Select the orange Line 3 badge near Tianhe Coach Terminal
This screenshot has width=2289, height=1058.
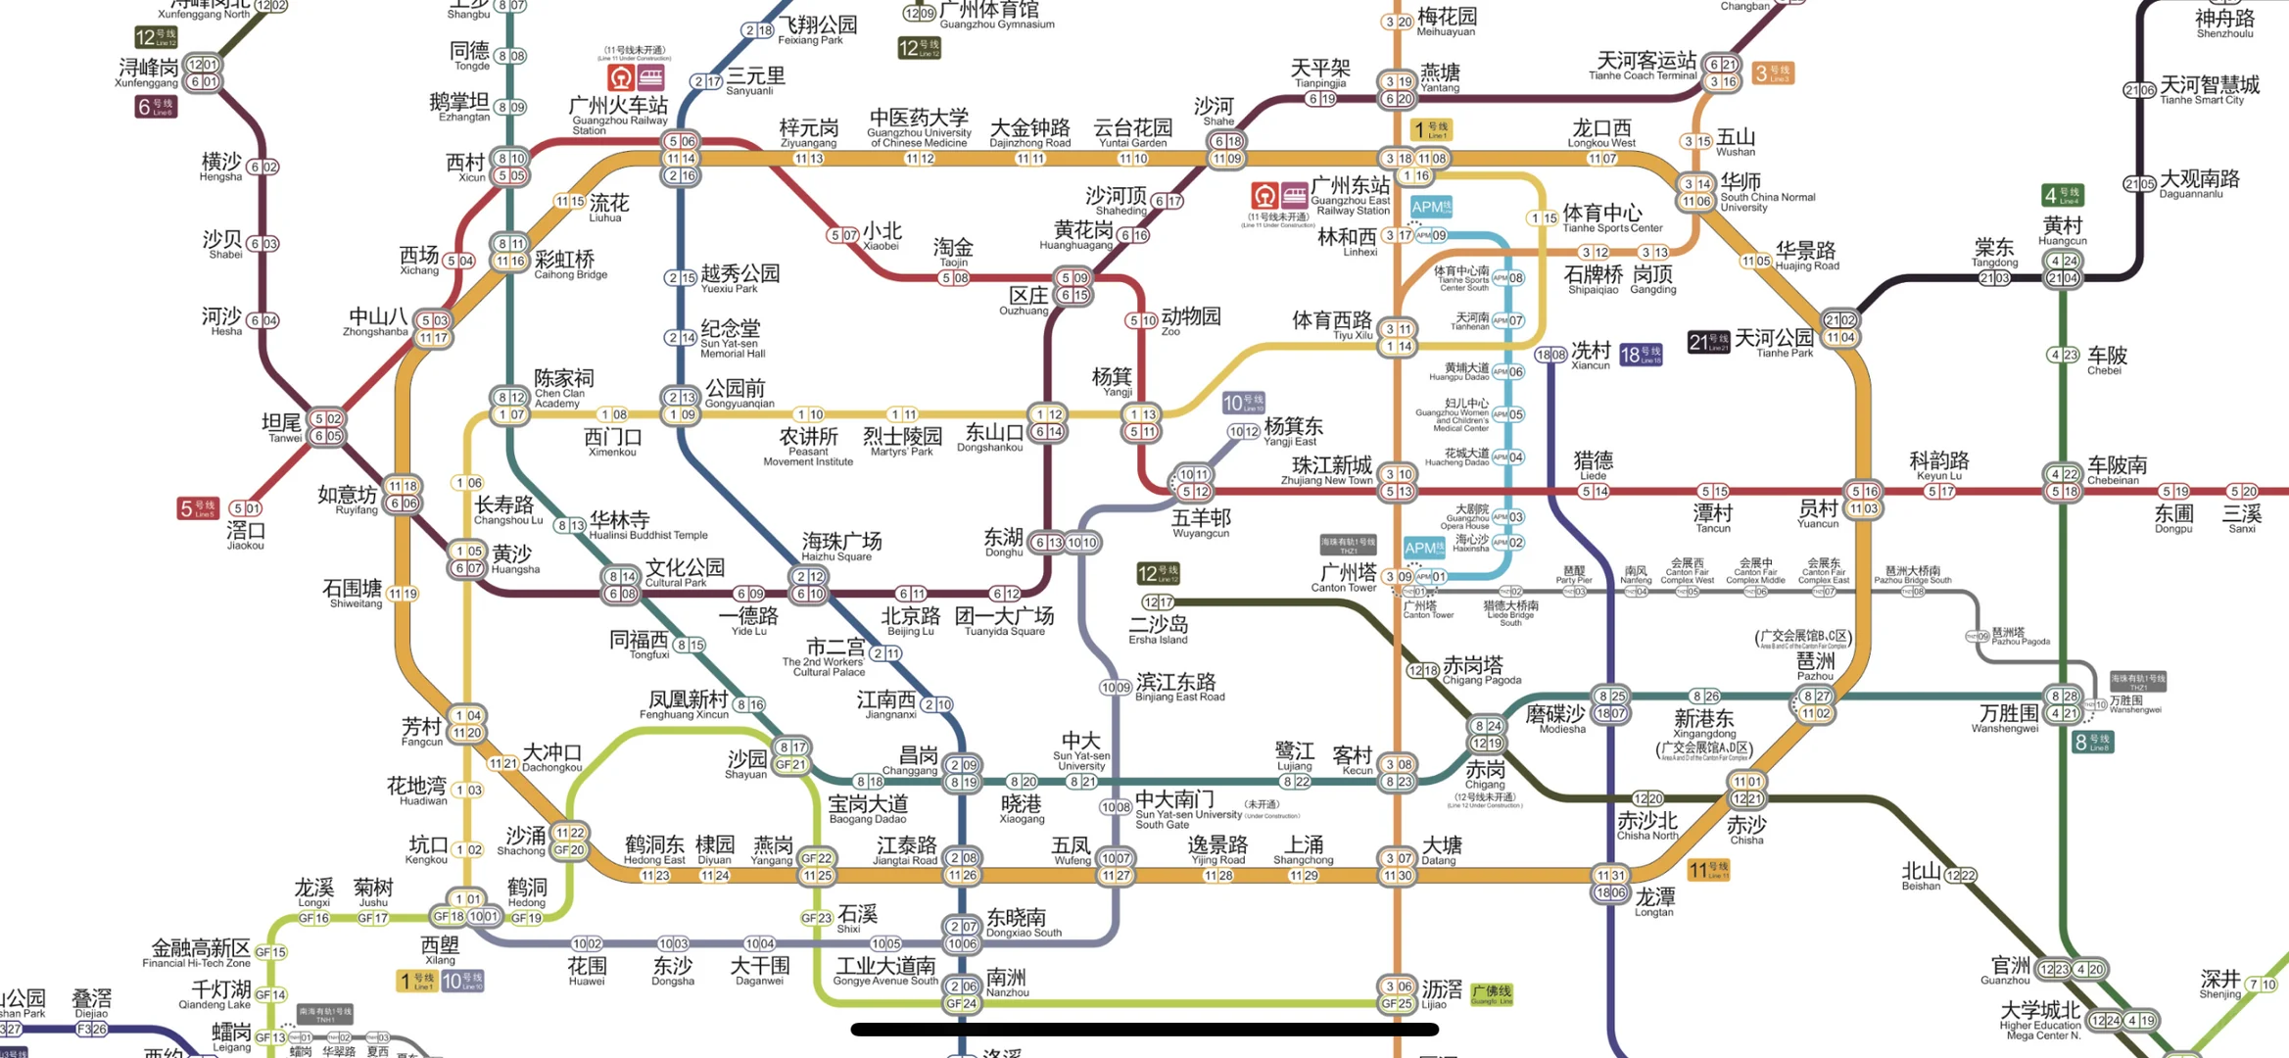tap(1773, 73)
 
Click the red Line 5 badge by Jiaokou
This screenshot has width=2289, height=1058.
tap(197, 508)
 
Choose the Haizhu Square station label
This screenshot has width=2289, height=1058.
tap(840, 546)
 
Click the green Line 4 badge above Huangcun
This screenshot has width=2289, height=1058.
tap(2062, 195)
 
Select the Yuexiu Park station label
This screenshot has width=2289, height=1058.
tap(739, 278)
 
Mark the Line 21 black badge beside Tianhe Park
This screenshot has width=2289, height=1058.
tap(1708, 342)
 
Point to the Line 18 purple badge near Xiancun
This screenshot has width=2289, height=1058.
tap(1641, 355)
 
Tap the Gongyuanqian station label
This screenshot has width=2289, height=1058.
tap(737, 393)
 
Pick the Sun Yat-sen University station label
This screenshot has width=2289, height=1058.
tap(1081, 747)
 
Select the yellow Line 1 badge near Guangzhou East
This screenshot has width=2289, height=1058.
tap(1431, 129)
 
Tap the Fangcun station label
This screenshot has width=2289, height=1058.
tap(422, 732)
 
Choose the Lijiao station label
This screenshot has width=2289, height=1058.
tap(1440, 993)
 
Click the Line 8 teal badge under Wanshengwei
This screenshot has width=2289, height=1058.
tap(2092, 742)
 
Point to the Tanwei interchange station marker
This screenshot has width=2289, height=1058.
tap(327, 427)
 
